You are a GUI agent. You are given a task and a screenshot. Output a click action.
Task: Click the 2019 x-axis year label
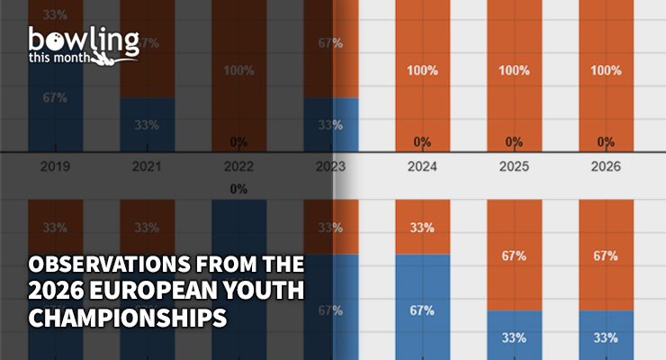[x=55, y=166]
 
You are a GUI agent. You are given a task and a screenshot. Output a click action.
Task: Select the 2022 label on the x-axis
[x=238, y=166]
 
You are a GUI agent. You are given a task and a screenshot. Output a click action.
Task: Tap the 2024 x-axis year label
[x=422, y=166]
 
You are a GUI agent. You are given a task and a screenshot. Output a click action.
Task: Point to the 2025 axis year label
[x=514, y=166]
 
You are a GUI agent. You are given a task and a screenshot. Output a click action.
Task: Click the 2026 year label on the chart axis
[x=606, y=166]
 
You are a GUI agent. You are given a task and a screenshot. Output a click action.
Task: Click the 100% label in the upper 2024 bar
[x=422, y=70]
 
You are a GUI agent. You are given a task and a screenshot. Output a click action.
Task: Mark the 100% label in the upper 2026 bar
[x=606, y=70]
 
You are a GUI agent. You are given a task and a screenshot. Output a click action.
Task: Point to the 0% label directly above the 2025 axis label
[x=514, y=141]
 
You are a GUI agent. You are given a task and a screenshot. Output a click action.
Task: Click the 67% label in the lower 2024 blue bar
[x=422, y=310]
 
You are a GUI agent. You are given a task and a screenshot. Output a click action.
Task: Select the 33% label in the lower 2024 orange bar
[x=422, y=228]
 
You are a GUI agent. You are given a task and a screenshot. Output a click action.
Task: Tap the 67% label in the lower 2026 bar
[x=606, y=256]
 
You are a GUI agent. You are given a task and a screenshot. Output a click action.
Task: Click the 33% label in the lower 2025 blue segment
[x=514, y=339]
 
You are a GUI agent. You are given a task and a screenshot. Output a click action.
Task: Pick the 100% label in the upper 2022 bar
[x=238, y=70]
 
